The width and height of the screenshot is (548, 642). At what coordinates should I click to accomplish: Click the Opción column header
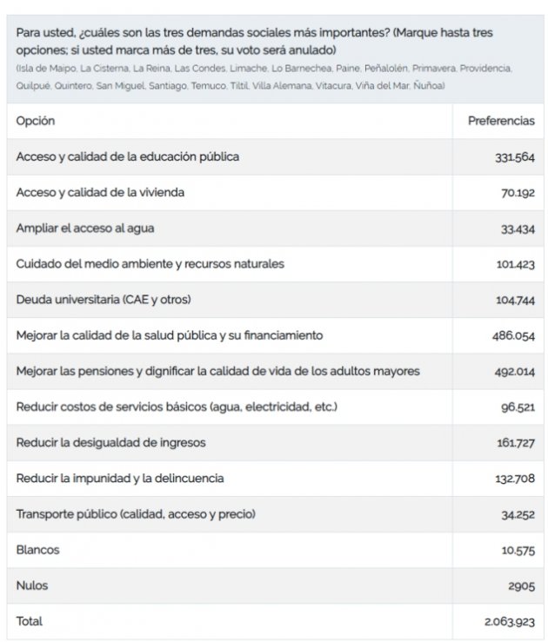pyautogui.click(x=35, y=121)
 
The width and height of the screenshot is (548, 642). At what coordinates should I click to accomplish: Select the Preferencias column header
pyautogui.click(x=501, y=121)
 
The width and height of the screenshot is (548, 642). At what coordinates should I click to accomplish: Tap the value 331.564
pyautogui.click(x=513, y=157)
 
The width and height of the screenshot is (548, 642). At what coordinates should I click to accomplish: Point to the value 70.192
pyautogui.click(x=517, y=193)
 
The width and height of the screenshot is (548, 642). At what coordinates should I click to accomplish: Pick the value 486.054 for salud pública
pyautogui.click(x=513, y=335)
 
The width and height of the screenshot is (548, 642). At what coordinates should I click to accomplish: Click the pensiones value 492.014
pyautogui.click(x=513, y=371)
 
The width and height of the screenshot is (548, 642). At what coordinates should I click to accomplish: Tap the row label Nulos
pyautogui.click(x=32, y=586)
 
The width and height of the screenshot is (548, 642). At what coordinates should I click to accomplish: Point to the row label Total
pyautogui.click(x=30, y=621)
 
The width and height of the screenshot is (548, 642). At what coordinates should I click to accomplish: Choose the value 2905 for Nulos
pyautogui.click(x=521, y=586)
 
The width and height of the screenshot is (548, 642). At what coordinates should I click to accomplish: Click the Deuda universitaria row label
pyautogui.click(x=103, y=300)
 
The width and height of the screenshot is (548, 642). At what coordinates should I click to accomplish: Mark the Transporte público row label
pyautogui.click(x=136, y=514)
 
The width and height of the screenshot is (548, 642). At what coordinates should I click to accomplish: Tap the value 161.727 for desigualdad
pyautogui.click(x=515, y=443)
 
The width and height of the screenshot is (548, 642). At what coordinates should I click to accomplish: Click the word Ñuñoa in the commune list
pyautogui.click(x=431, y=85)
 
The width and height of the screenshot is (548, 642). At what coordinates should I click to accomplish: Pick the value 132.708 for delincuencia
pyautogui.click(x=514, y=479)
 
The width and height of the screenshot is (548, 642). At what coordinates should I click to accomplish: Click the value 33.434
pyautogui.click(x=517, y=228)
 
